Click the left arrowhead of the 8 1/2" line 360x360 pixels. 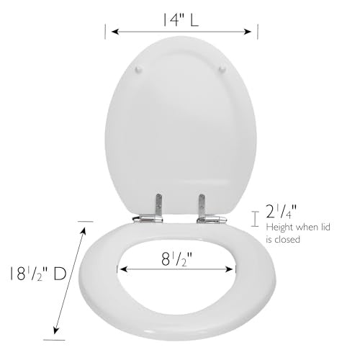click(122, 269)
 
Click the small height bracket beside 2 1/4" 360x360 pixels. click(253, 218)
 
